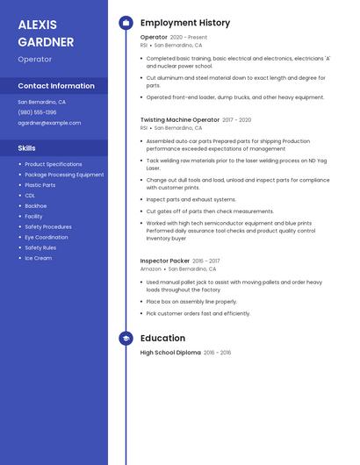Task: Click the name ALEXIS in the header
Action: tap(37, 25)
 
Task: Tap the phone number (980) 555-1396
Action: tap(37, 112)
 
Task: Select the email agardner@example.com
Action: tap(49, 123)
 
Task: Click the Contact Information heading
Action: tap(56, 86)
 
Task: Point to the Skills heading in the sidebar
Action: tap(27, 148)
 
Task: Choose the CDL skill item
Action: tap(30, 196)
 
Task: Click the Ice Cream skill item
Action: tap(38, 258)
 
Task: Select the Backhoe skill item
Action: tap(36, 206)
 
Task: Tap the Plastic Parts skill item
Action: tap(40, 185)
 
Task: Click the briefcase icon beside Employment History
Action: tap(126, 23)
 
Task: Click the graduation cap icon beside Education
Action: tap(126, 338)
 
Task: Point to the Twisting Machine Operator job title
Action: tap(180, 119)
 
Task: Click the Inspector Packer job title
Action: tap(164, 261)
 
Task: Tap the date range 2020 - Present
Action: tap(189, 38)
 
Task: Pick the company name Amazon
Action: tap(150, 269)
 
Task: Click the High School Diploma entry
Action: tap(170, 353)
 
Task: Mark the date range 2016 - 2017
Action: tap(206, 261)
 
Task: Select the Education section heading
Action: tap(162, 338)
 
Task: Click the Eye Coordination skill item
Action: tap(46, 237)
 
